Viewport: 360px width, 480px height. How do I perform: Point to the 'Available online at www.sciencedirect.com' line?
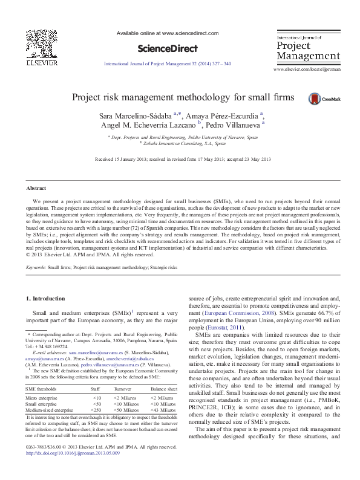point(167,34)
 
